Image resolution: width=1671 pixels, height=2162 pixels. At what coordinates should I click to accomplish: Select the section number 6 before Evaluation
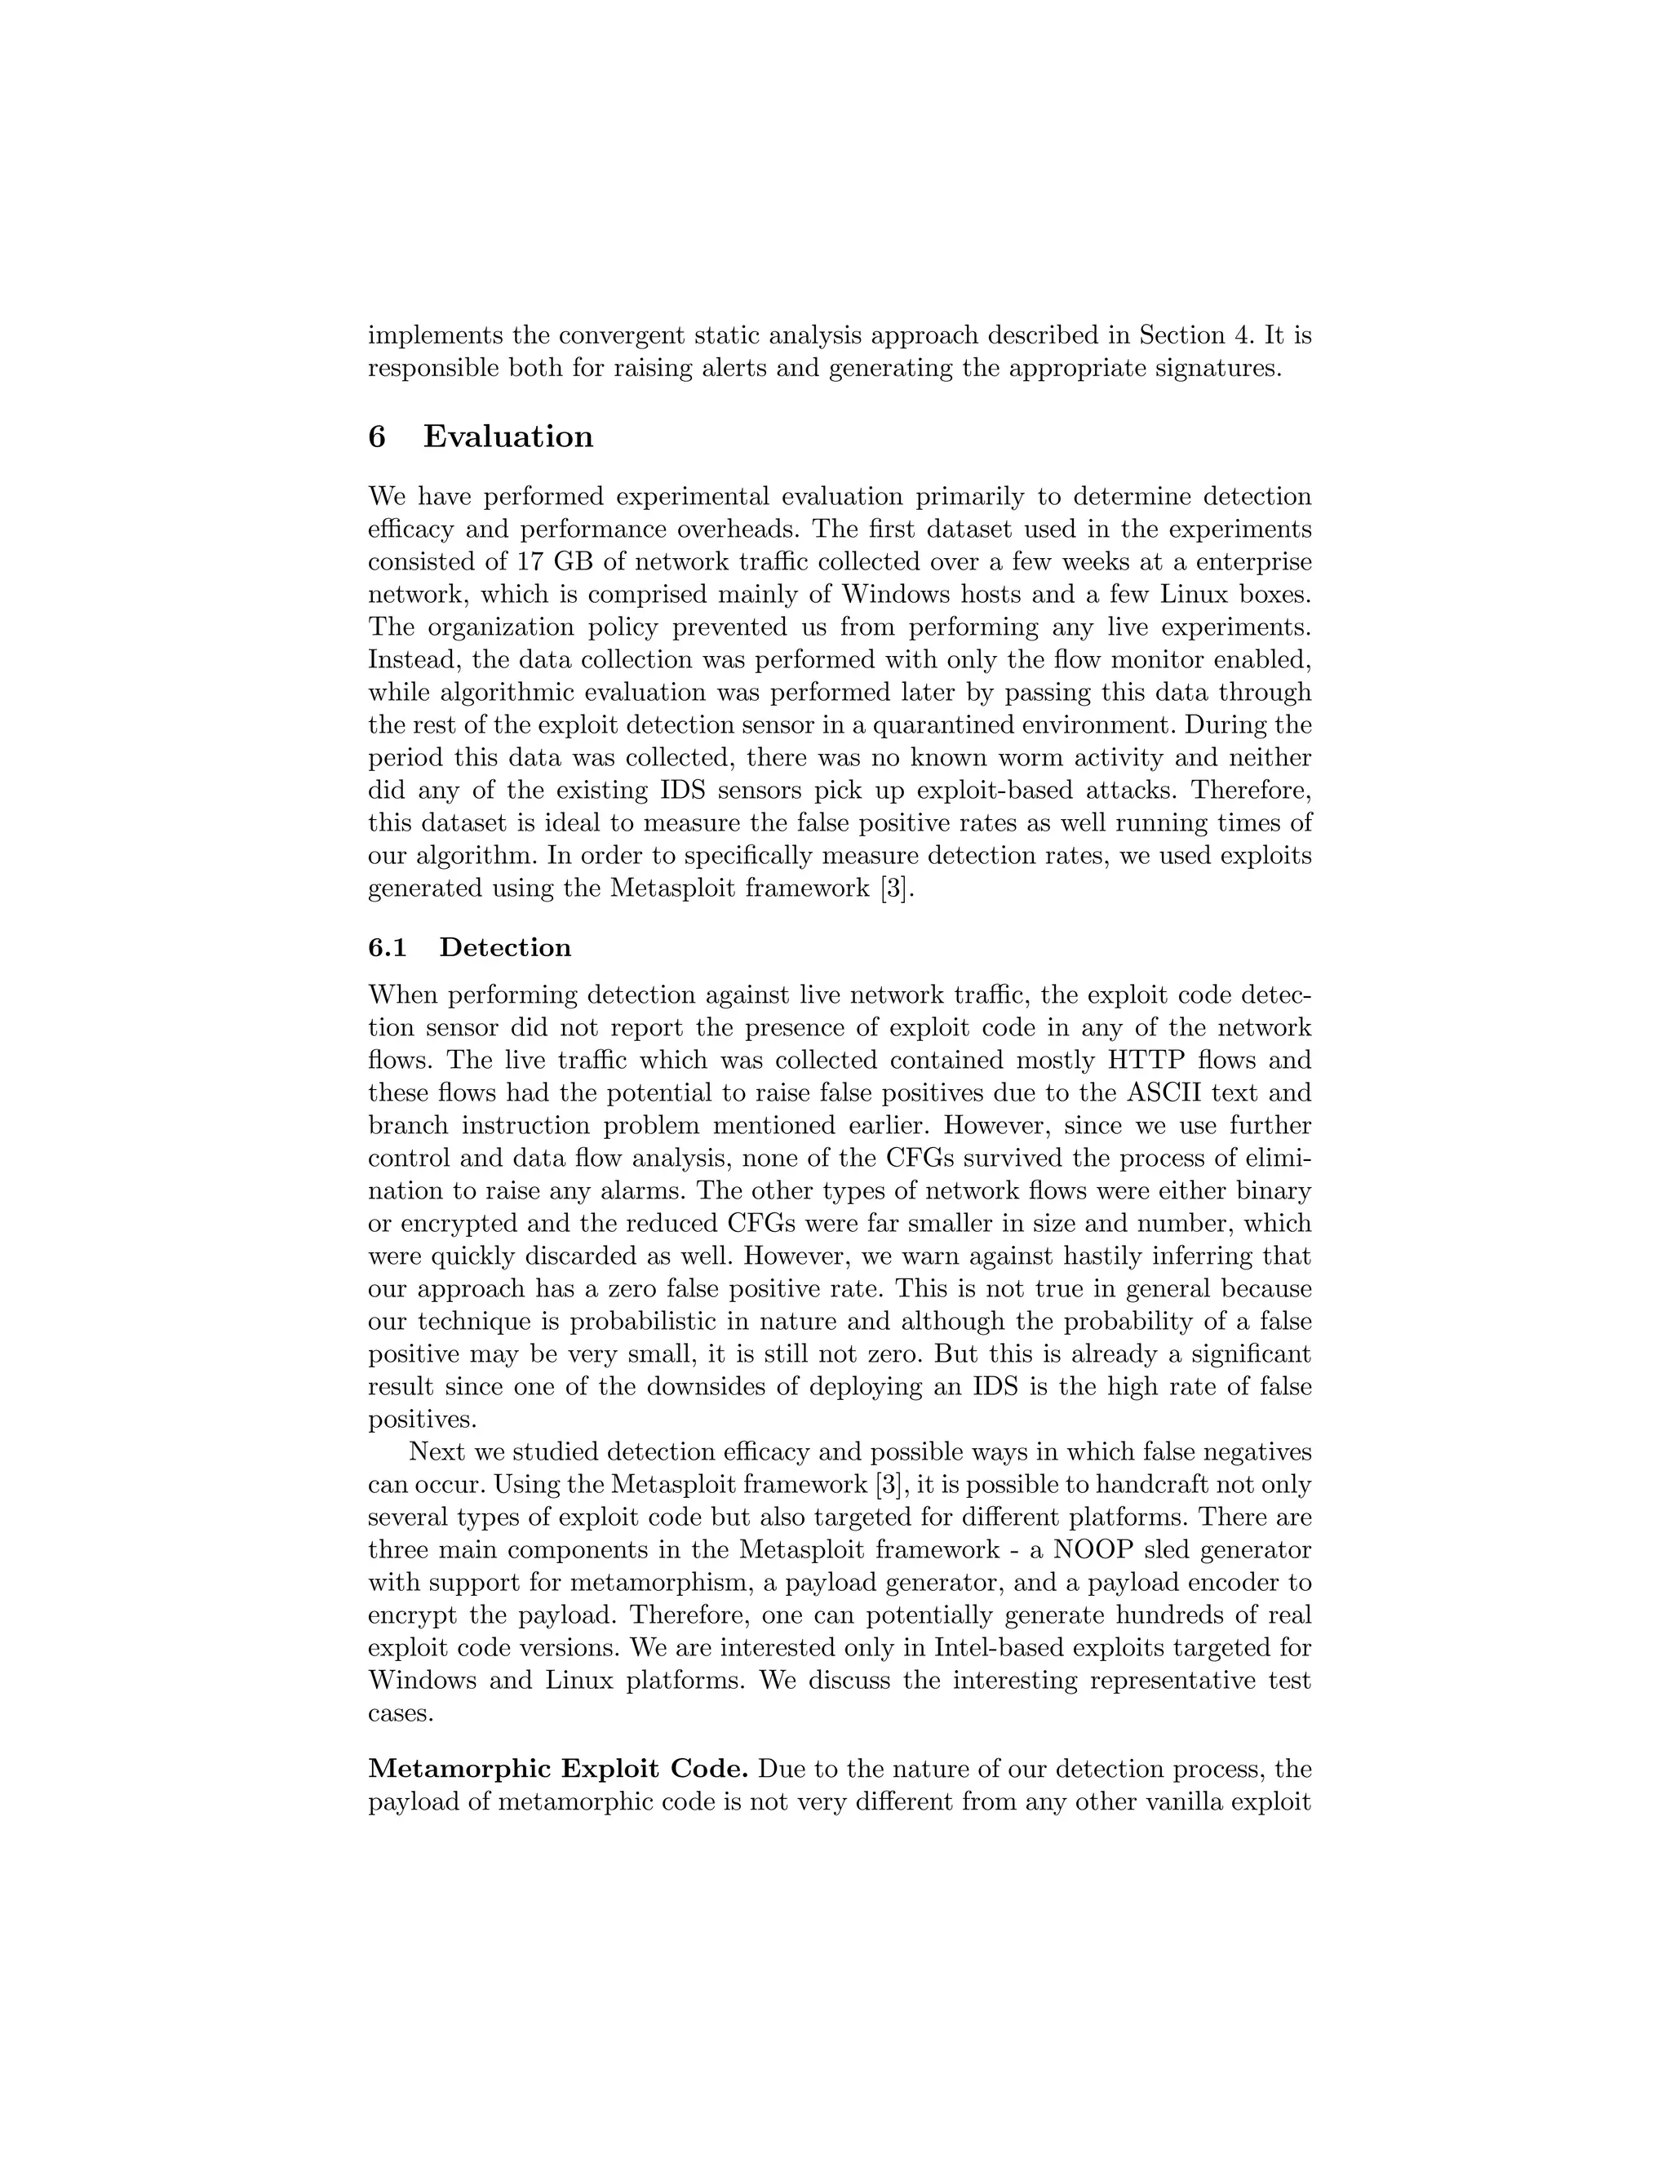point(377,436)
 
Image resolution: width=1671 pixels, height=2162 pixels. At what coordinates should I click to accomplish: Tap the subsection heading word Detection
point(505,947)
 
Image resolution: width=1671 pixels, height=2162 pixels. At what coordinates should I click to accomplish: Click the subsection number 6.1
point(387,947)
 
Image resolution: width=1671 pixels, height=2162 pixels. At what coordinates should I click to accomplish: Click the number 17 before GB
point(530,562)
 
